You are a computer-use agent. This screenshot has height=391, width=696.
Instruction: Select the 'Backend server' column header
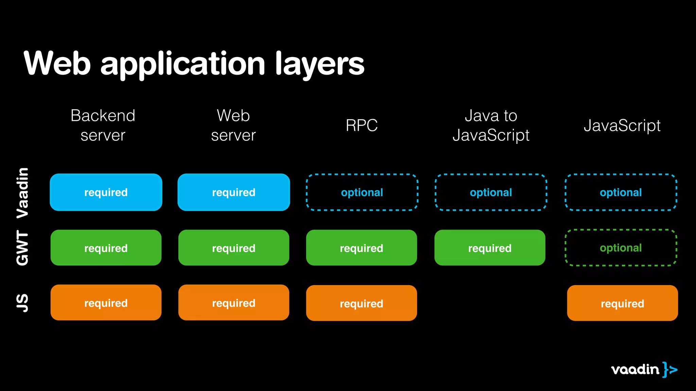pyautogui.click(x=103, y=125)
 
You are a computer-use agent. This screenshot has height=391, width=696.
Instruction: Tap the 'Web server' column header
pyautogui.click(x=233, y=125)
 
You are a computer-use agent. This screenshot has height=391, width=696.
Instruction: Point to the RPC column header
pyautogui.click(x=362, y=125)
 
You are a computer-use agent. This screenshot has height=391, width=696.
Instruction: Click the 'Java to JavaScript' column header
pyautogui.click(x=491, y=125)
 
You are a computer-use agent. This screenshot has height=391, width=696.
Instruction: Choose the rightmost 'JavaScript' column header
pyautogui.click(x=622, y=125)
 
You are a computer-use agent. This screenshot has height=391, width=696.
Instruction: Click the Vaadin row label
pyautogui.click(x=23, y=192)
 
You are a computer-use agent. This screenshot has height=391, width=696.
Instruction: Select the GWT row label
pyautogui.click(x=23, y=248)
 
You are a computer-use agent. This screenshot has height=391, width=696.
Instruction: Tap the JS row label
pyautogui.click(x=23, y=303)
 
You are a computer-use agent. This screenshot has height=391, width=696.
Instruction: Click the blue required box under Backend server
pyautogui.click(x=106, y=192)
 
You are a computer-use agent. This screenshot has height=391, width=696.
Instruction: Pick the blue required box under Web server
pyautogui.click(x=234, y=192)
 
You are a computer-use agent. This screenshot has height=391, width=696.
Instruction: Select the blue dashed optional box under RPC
pyautogui.click(x=362, y=192)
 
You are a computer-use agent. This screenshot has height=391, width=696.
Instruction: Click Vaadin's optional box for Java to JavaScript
pyautogui.click(x=491, y=192)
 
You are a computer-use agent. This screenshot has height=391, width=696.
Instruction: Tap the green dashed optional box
pyautogui.click(x=621, y=248)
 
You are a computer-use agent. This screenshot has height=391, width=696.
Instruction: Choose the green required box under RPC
pyautogui.click(x=362, y=248)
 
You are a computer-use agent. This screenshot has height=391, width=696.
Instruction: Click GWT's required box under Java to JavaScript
pyautogui.click(x=490, y=248)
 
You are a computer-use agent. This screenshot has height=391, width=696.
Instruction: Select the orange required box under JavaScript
pyautogui.click(x=622, y=303)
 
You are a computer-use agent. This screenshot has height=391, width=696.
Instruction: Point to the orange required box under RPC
pyautogui.click(x=362, y=303)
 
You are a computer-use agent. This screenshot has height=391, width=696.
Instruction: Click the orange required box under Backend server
pyautogui.click(x=106, y=302)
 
